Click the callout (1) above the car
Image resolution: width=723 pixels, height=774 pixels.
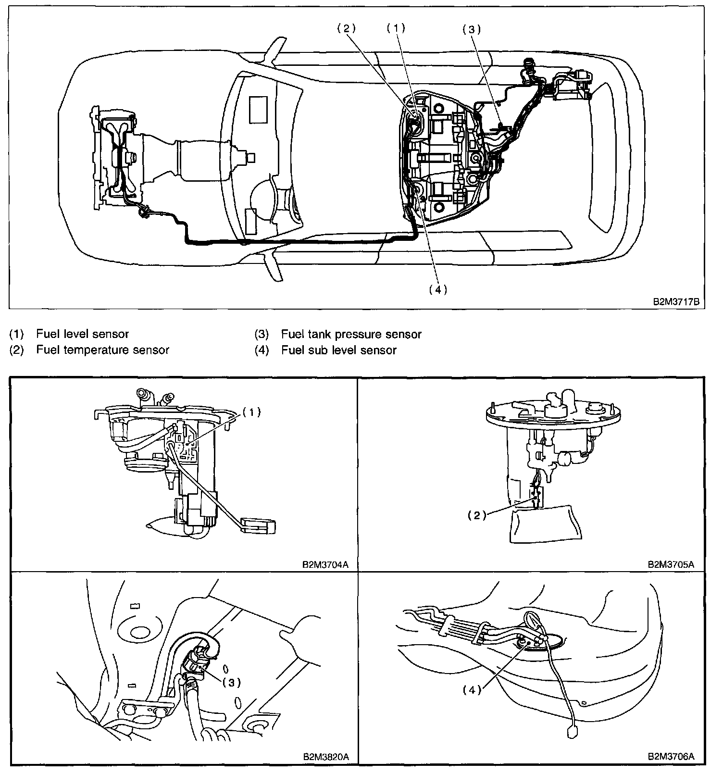[x=396, y=28]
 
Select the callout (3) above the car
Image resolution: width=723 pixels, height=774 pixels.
[x=472, y=29]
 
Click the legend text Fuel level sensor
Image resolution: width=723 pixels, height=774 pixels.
[x=83, y=334]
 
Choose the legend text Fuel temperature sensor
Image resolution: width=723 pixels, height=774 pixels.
[x=102, y=350]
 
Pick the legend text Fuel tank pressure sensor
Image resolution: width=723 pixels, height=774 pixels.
[x=351, y=334]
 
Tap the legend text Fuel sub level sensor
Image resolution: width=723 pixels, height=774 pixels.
[x=338, y=350]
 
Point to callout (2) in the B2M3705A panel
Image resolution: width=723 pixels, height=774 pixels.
[x=477, y=515]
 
